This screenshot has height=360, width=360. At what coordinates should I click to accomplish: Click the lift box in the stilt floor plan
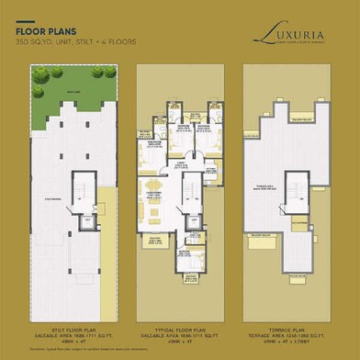[88, 221]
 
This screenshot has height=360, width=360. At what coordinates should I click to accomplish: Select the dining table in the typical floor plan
[153, 193]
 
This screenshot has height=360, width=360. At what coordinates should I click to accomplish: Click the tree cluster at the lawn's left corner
[40, 79]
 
